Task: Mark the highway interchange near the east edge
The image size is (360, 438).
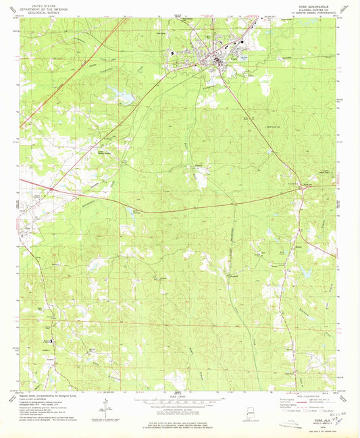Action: pyautogui.click(x=301, y=191)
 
